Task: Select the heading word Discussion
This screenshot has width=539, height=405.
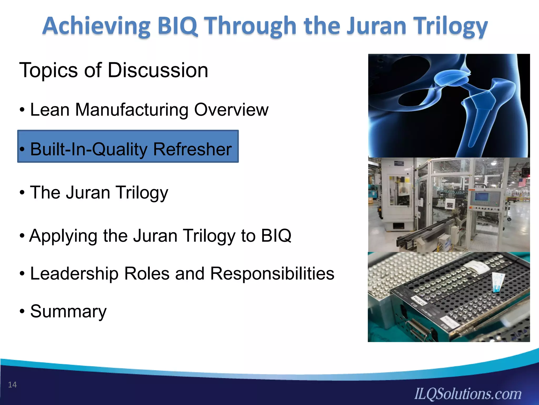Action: (x=158, y=70)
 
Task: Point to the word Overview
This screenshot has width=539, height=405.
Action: (x=231, y=110)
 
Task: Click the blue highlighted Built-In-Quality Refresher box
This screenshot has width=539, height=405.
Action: (x=128, y=146)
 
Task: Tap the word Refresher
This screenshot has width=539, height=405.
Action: (x=192, y=150)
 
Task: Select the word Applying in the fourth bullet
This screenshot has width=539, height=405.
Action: (x=63, y=236)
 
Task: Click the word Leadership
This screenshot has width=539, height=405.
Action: (x=74, y=274)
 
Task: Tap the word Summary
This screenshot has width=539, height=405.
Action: (x=68, y=312)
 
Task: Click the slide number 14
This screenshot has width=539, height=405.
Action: (x=12, y=385)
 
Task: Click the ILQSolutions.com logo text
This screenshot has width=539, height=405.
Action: (x=468, y=394)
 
